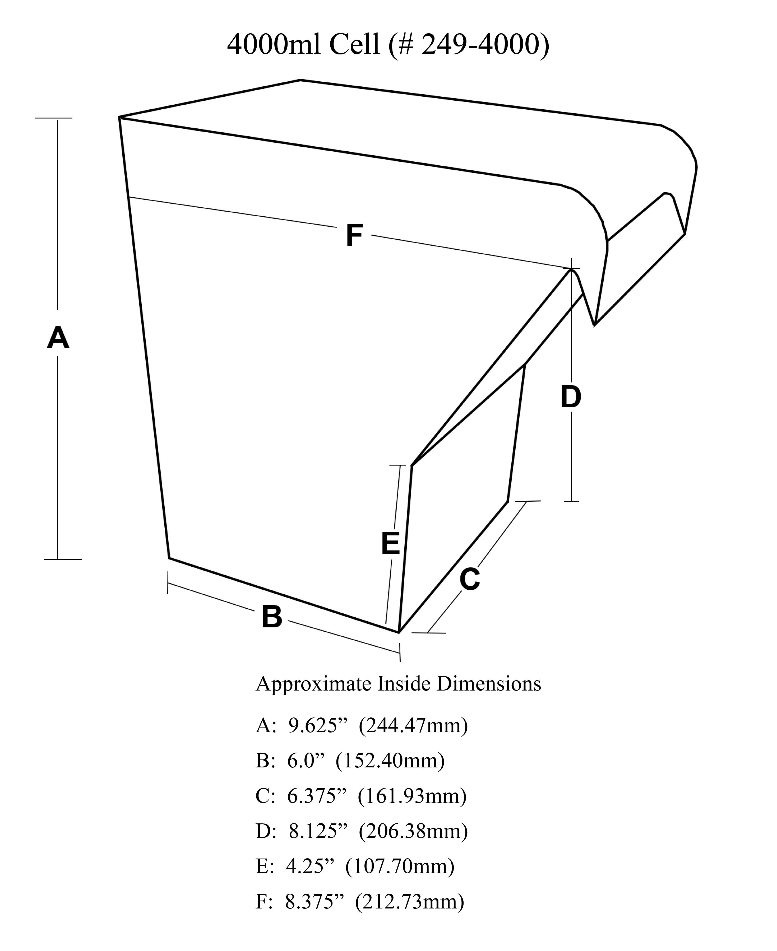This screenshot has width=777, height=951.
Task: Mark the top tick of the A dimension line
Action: pos(54,118)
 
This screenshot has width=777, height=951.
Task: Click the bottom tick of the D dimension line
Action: pos(572,501)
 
